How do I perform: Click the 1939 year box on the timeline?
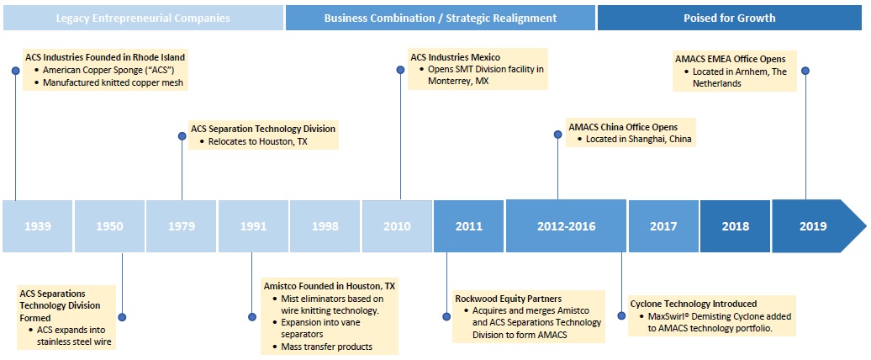point(37,226)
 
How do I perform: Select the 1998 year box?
point(325,226)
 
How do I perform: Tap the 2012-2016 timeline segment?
point(566,226)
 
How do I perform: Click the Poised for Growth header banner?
point(730,18)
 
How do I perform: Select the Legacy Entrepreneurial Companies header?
point(143,18)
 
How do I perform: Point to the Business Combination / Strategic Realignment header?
point(440,18)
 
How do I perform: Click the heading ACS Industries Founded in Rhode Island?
point(105,56)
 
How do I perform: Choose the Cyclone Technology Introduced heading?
point(694,304)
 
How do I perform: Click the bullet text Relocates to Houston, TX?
point(258,141)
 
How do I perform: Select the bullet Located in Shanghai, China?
point(639,139)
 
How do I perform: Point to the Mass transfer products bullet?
point(324,347)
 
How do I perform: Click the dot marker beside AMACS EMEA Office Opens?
point(805,71)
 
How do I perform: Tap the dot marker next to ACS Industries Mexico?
point(400,70)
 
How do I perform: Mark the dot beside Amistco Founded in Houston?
point(251,316)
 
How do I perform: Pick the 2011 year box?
point(469,226)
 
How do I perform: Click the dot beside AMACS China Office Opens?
point(557,134)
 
